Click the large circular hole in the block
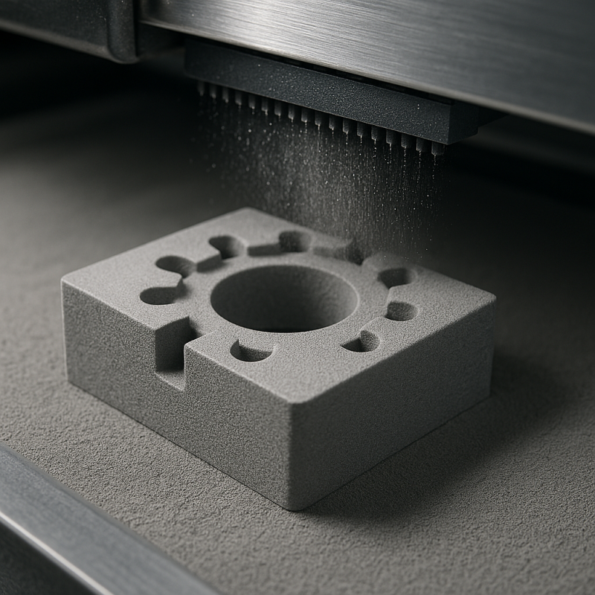(284, 299)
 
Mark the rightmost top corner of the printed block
(494, 298)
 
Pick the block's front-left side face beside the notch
(112, 335)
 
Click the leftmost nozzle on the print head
(202, 89)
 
